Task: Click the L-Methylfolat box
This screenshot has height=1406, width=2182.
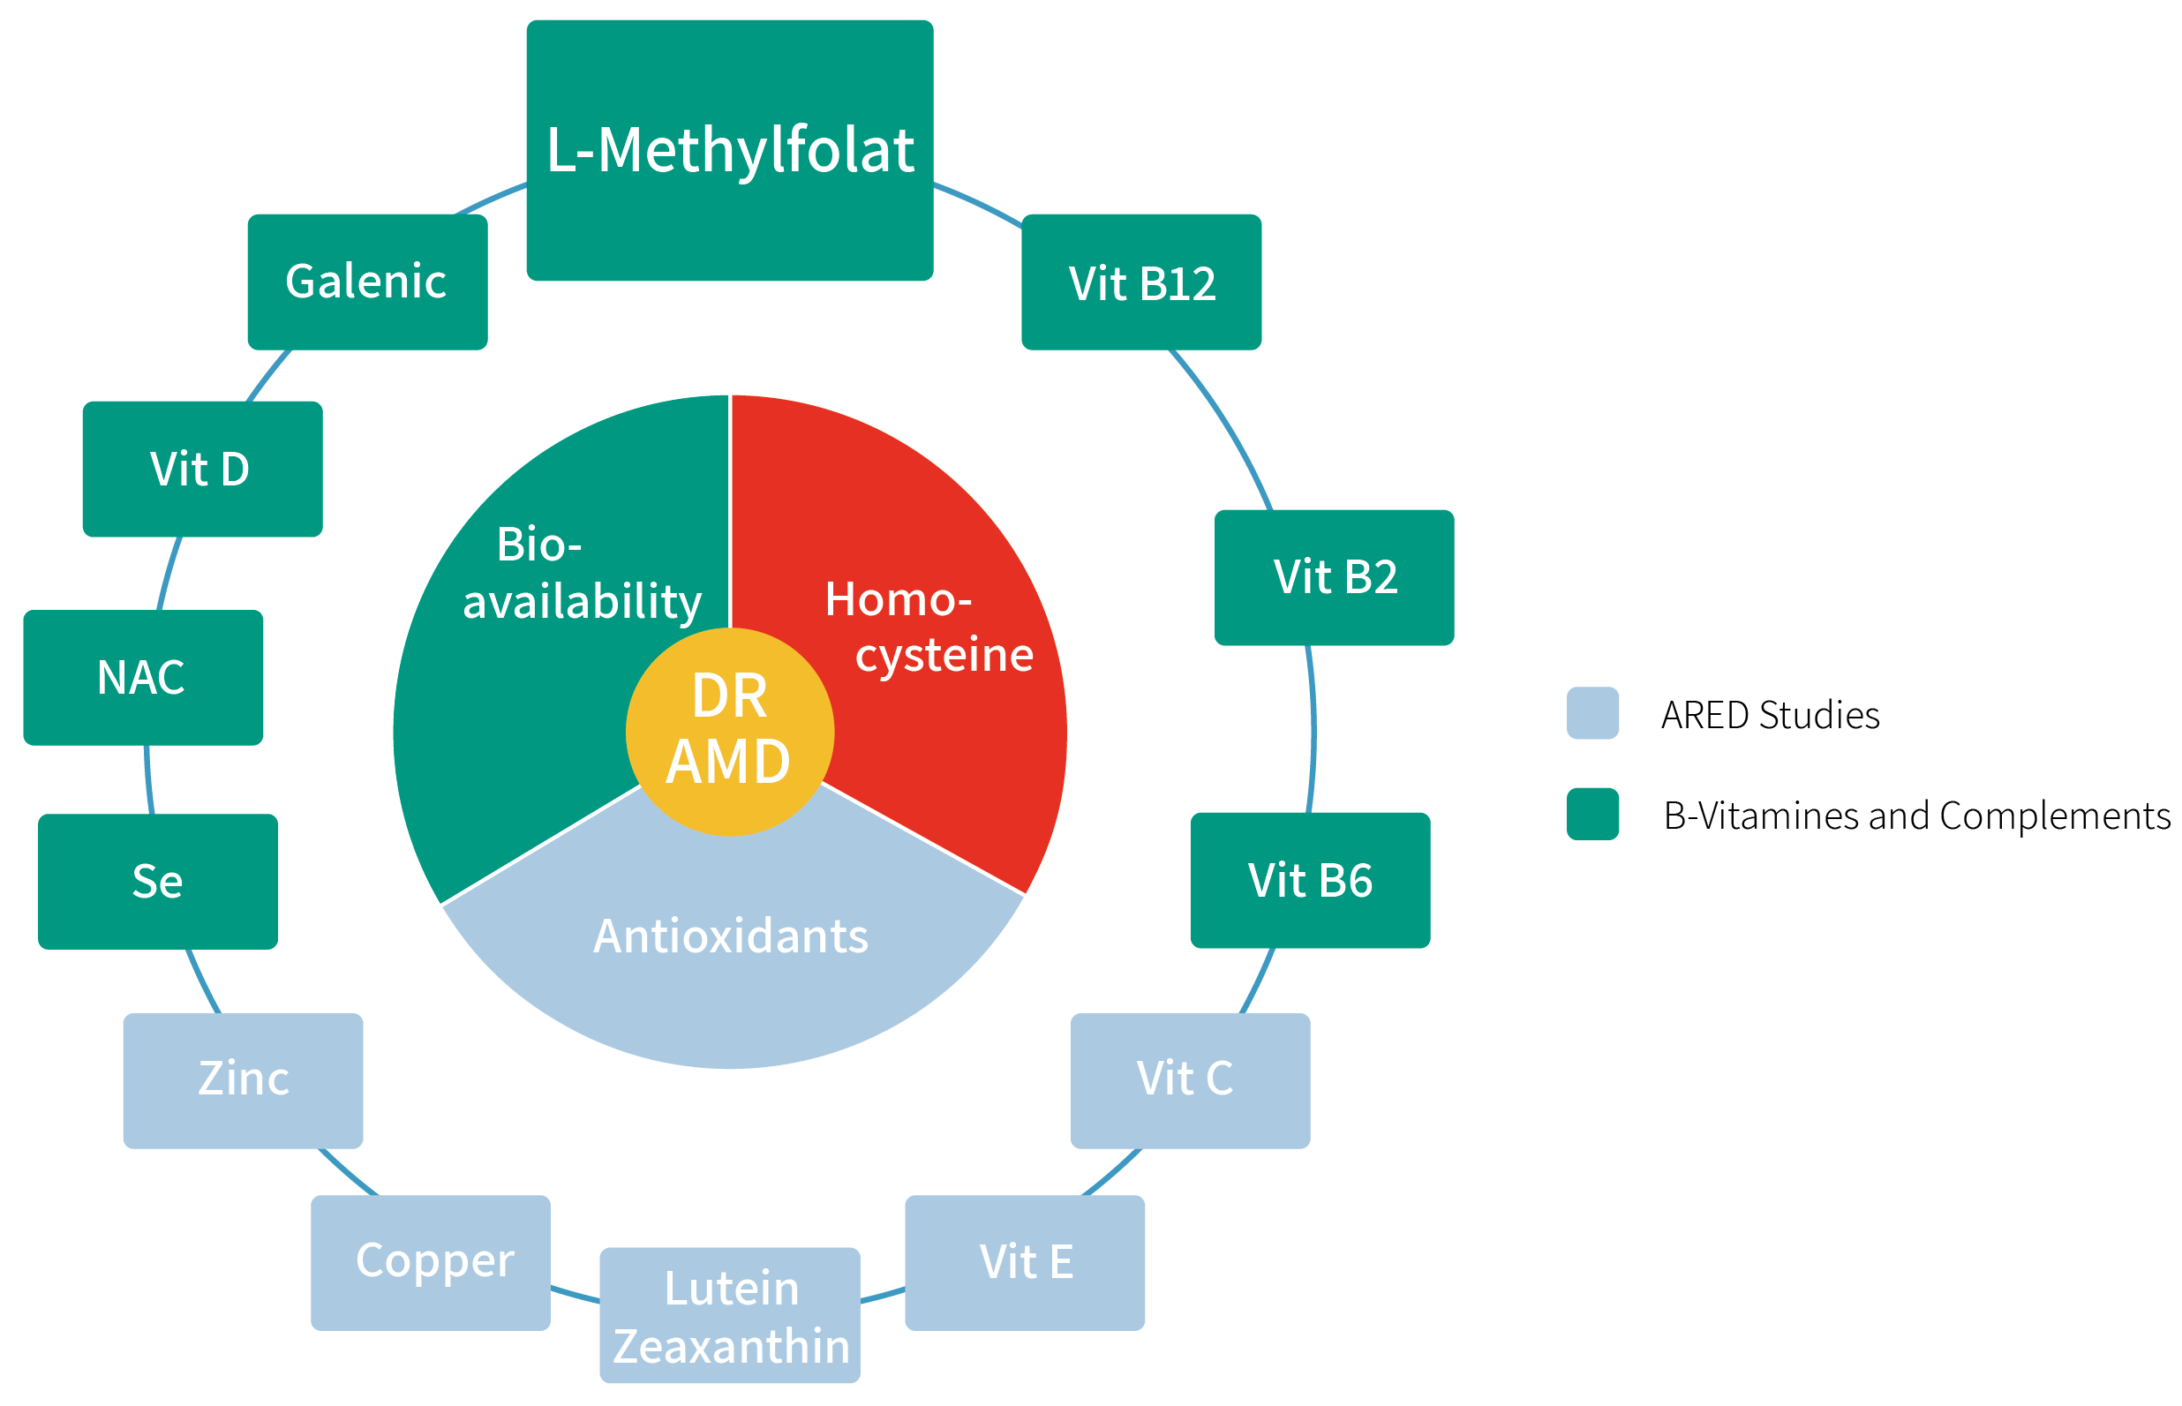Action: click(x=728, y=150)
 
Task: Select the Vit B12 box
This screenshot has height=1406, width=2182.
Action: click(x=1140, y=282)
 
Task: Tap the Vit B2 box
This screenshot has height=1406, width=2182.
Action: click(x=1333, y=577)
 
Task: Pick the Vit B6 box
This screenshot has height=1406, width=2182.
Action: click(x=1309, y=880)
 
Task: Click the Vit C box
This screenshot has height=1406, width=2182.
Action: click(x=1190, y=1080)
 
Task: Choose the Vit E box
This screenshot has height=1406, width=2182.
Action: click(x=1023, y=1263)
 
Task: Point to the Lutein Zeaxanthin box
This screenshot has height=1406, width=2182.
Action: click(x=728, y=1315)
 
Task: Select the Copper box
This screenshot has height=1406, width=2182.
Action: click(x=430, y=1263)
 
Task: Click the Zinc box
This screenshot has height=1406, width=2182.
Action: click(x=243, y=1080)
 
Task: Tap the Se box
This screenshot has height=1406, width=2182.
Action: click(x=157, y=881)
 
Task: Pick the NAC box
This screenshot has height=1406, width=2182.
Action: click(x=142, y=678)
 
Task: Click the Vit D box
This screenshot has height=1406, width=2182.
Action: click(x=202, y=469)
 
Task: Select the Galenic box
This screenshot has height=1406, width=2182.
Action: click(x=367, y=282)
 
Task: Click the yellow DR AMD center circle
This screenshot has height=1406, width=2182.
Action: click(x=728, y=731)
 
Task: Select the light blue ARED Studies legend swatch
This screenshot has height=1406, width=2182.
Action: click(x=1591, y=712)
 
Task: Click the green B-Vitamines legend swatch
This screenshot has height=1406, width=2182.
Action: click(x=1591, y=813)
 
